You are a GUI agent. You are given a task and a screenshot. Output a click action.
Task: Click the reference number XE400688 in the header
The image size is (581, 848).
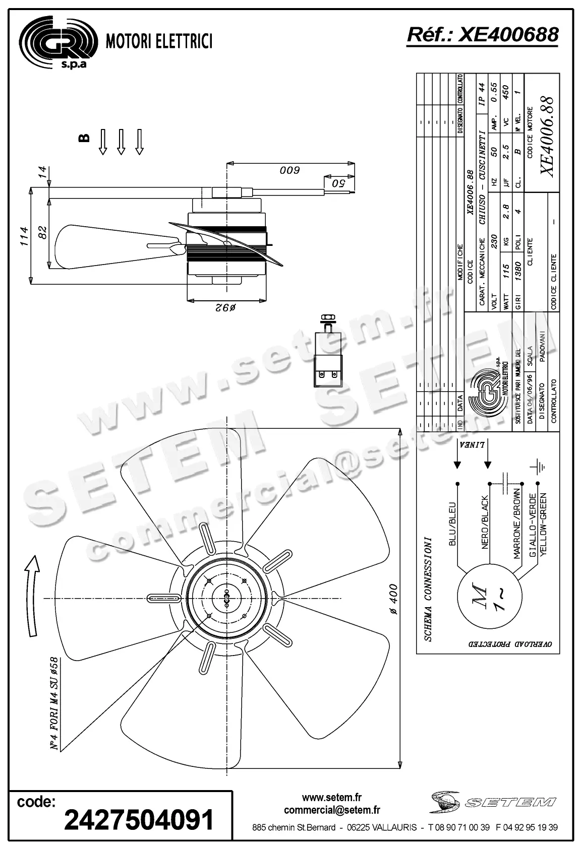click(483, 35)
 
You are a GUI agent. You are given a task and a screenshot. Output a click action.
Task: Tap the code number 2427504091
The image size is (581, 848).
click(139, 820)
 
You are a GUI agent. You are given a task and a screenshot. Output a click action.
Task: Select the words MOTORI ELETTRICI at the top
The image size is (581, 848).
click(158, 42)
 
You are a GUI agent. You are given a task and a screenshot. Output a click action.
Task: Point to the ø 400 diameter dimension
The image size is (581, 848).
click(394, 599)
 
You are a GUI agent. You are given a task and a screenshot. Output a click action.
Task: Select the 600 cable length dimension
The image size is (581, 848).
click(290, 170)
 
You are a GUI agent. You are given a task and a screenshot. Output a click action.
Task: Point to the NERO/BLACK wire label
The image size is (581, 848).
click(485, 522)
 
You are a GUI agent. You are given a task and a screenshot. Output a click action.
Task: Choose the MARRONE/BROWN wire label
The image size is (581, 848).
click(516, 524)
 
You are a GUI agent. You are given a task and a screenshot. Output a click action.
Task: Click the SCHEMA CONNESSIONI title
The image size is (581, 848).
click(428, 589)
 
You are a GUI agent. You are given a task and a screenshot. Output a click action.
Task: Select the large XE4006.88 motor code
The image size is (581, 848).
click(547, 136)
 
